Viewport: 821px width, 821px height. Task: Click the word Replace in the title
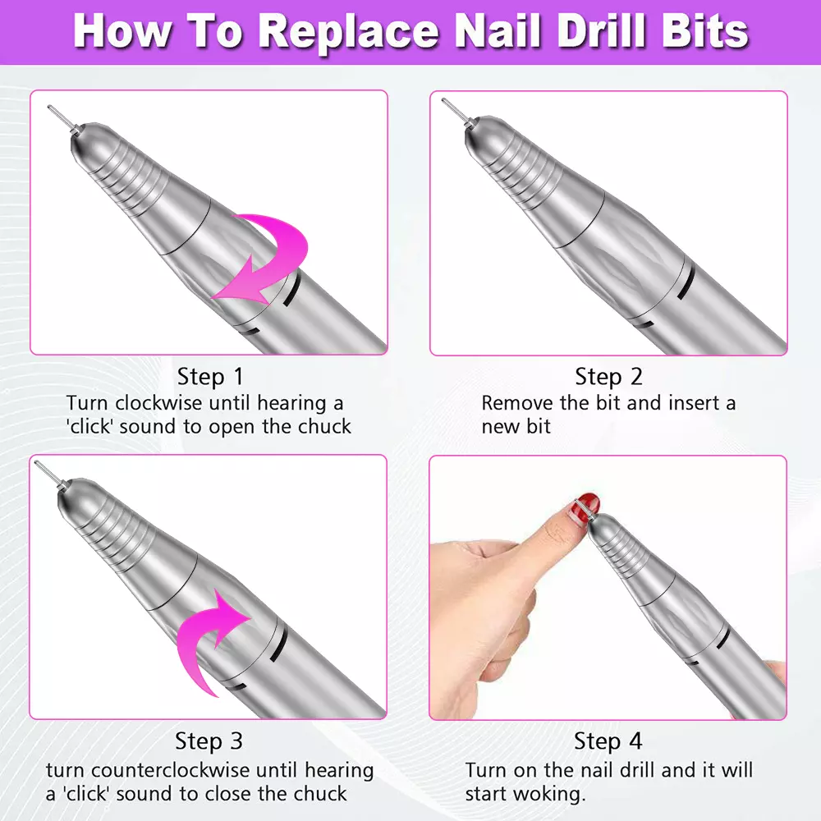point(349,33)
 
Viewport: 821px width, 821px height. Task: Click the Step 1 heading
point(210,377)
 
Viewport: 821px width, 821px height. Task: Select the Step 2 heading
point(608,377)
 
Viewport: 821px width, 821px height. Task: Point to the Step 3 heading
point(209,741)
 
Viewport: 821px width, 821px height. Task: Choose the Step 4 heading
point(608,741)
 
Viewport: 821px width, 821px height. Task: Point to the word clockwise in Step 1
point(158,403)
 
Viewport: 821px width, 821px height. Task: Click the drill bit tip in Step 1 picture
point(50,108)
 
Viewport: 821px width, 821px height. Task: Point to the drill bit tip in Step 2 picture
point(444,100)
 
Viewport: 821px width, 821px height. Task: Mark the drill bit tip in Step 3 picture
point(37,463)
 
